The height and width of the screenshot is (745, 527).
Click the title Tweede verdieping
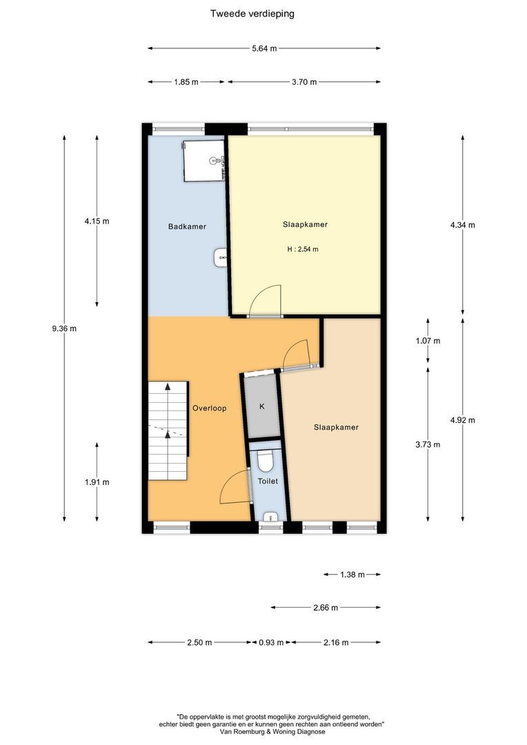(252, 14)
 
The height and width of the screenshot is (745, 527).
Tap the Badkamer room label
(187, 227)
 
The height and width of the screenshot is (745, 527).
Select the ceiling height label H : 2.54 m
(303, 249)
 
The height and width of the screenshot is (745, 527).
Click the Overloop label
(209, 408)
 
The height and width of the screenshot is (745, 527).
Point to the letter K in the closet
(262, 407)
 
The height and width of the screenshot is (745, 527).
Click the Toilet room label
(268, 481)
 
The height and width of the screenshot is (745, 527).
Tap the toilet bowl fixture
(264, 459)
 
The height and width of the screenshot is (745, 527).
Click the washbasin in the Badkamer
(221, 257)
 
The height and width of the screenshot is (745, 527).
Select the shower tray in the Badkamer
(204, 161)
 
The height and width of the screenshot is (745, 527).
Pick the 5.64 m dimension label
(264, 48)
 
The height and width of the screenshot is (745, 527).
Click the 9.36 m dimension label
(64, 328)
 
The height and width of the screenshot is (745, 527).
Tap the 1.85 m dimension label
(186, 81)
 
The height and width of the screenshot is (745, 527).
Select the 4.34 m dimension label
(462, 225)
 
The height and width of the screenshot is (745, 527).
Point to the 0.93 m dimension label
(271, 642)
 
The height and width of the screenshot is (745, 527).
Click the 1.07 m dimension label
(428, 341)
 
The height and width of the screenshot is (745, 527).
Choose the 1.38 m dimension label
(352, 575)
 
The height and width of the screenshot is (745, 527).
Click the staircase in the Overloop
(168, 430)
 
